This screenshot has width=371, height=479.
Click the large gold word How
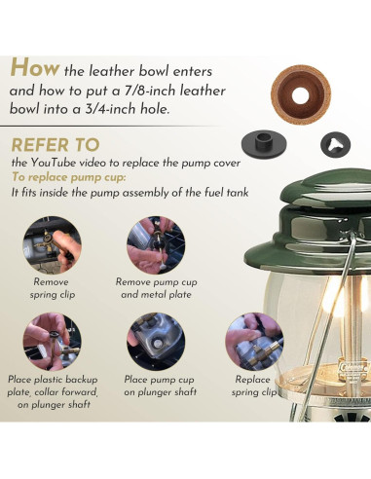coord(34,67)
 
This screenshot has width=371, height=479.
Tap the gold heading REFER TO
coord(56,145)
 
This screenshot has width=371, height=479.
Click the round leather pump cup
coord(301,94)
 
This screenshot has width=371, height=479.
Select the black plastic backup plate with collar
coord(264,144)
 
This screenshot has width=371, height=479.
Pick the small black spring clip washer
coord(335,145)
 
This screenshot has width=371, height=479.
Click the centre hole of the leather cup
coord(300,95)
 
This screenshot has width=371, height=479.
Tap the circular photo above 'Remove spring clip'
coord(52,245)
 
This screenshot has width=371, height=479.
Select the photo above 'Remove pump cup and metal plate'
coord(156,245)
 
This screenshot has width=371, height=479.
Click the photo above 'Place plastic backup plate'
coord(52,342)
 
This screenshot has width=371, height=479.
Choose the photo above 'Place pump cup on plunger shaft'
coord(156,342)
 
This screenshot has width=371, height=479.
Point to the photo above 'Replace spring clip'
coord(254,342)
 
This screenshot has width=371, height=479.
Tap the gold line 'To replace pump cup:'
coord(69,177)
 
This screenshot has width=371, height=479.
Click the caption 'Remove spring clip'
coord(52,288)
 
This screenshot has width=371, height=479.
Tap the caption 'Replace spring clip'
coord(253,386)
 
